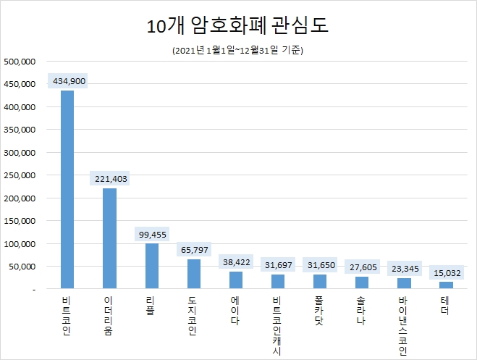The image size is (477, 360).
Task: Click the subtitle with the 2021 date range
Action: [238, 51]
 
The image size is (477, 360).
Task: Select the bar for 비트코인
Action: [67, 189]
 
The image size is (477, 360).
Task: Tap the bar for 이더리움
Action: [109, 238]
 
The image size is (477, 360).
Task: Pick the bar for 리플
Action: [151, 266]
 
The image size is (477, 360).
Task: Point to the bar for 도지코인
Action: [194, 274]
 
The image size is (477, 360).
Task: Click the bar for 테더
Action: [447, 285]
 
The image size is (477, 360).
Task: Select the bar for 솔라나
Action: [362, 282]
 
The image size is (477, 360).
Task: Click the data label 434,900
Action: [69, 81]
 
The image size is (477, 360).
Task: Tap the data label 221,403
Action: [110, 178]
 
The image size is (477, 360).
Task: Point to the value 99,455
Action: [152, 234]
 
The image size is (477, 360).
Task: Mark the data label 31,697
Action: [278, 265]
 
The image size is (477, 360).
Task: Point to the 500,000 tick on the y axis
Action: [20, 62]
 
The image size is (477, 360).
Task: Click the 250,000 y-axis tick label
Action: [20, 175]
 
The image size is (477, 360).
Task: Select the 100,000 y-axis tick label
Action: [20, 244]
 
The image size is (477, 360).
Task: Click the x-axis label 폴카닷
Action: [320, 310]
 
